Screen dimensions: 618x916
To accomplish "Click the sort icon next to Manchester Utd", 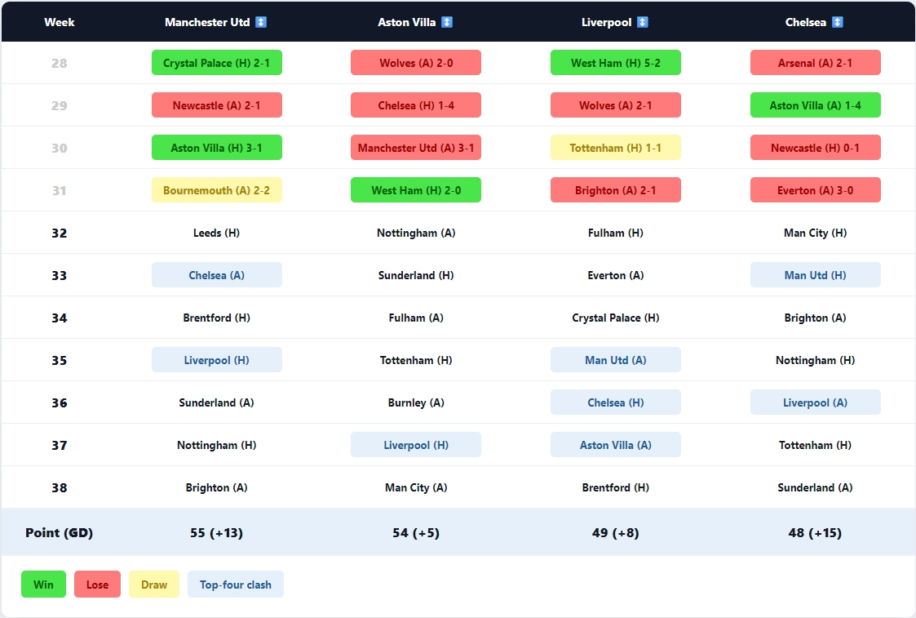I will pyautogui.click(x=261, y=22).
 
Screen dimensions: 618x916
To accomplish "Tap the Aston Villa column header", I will pyautogui.click(x=407, y=22).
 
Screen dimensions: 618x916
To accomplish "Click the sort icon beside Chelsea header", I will pyautogui.click(x=838, y=22).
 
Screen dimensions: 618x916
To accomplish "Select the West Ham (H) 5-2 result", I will pyautogui.click(x=616, y=63).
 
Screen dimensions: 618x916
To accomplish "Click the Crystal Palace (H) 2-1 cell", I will pyautogui.click(x=217, y=63).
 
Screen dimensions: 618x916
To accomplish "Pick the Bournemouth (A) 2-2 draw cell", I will pyautogui.click(x=217, y=190).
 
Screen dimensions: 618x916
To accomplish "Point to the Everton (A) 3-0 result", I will pyautogui.click(x=816, y=190).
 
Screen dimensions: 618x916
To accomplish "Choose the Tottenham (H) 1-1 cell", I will pyautogui.click(x=616, y=148).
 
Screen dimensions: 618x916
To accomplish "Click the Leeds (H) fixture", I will pyautogui.click(x=217, y=233).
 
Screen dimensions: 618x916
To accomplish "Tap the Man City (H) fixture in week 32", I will pyautogui.click(x=816, y=233).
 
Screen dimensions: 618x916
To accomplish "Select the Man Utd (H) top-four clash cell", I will pyautogui.click(x=816, y=275).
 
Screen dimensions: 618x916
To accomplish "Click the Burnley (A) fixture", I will pyautogui.click(x=416, y=402).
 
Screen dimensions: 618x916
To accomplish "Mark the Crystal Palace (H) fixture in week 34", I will pyautogui.click(x=616, y=318).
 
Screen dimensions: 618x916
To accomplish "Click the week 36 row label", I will pyautogui.click(x=60, y=402).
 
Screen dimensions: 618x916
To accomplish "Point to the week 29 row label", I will pyautogui.click(x=60, y=105).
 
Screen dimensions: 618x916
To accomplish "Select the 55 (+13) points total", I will pyautogui.click(x=217, y=533).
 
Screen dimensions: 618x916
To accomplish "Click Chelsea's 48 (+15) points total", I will pyautogui.click(x=816, y=533).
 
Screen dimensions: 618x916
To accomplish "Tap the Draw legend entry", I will pyautogui.click(x=154, y=585).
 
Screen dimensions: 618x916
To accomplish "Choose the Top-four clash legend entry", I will pyautogui.click(x=236, y=585).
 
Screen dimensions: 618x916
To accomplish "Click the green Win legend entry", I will pyautogui.click(x=44, y=585).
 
